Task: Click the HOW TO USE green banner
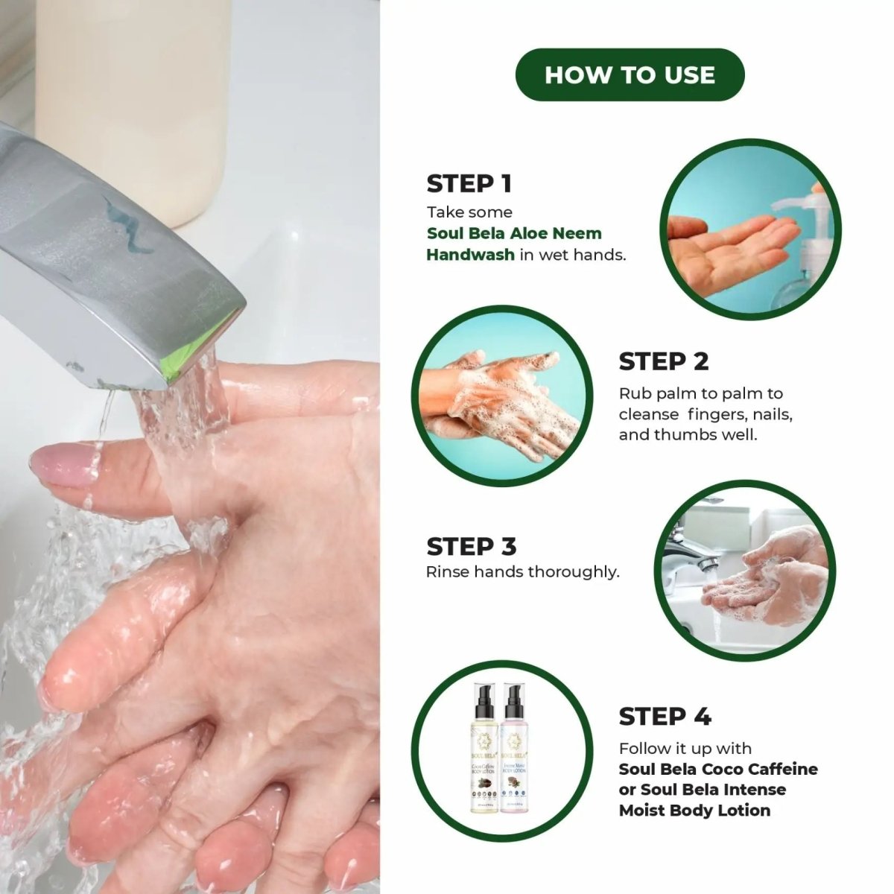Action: coord(630,74)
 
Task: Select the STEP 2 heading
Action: coord(663,361)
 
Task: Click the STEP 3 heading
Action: coord(471,546)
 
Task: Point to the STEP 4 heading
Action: coord(665,717)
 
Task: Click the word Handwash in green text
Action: coord(470,255)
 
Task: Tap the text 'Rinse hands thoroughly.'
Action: coord(522,572)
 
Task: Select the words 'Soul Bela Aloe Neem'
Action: coord(514,233)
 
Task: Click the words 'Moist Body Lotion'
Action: coord(694,810)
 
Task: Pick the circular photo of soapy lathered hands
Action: coord(502,396)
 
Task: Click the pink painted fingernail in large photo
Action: coord(58,466)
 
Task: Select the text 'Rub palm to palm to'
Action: coord(700,393)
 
